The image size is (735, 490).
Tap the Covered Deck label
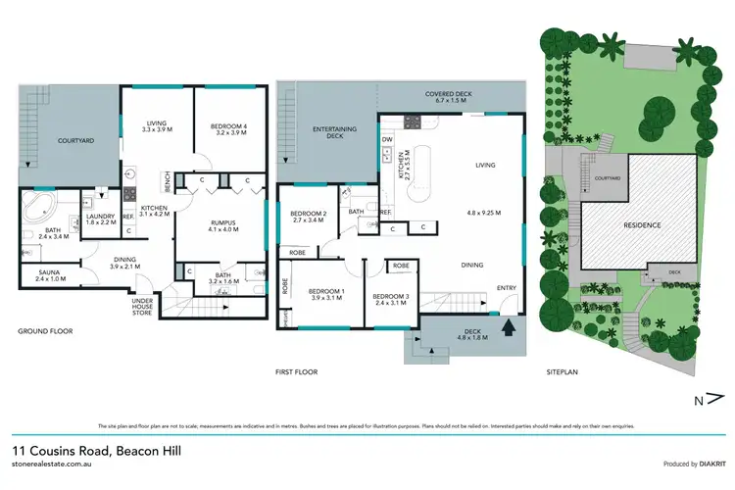(451, 99)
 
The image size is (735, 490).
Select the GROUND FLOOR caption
(45, 330)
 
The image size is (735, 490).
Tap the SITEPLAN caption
(563, 371)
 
